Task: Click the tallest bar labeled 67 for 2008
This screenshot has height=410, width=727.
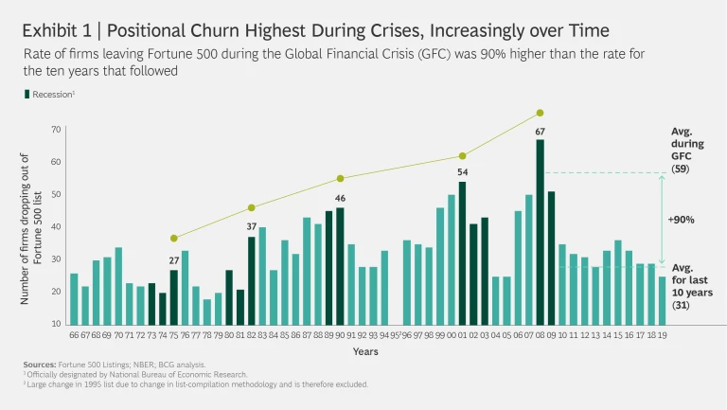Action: tap(541, 232)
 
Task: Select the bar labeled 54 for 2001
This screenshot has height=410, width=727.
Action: tap(462, 254)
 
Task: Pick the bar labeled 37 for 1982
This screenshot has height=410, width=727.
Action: tap(252, 280)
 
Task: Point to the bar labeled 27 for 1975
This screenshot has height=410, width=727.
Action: tap(174, 297)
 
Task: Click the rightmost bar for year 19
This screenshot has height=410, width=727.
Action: tap(662, 300)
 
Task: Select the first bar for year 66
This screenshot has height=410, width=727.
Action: tap(74, 299)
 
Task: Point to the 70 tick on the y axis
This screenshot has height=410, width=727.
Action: tap(56, 129)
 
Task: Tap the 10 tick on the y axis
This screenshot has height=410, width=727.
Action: tap(56, 324)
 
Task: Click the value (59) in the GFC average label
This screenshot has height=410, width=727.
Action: tap(678, 168)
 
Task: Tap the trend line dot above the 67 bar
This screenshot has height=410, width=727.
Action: tap(541, 113)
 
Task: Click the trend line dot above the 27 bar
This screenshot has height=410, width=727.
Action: tap(174, 238)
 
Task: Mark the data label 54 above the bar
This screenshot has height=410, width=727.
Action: tap(462, 172)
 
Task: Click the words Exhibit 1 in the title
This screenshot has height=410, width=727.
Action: tap(56, 29)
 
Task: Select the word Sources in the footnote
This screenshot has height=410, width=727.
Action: tap(42, 364)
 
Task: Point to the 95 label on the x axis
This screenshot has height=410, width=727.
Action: tap(395, 334)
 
